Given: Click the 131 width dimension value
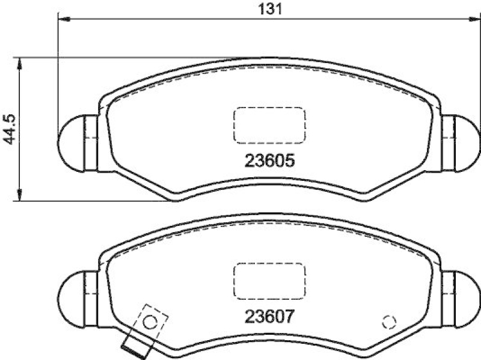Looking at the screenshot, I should [x=269, y=8].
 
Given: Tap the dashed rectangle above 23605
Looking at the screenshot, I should [x=269, y=125].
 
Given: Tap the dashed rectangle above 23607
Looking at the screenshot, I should [x=269, y=280].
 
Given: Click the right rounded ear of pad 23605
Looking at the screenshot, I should [x=465, y=142].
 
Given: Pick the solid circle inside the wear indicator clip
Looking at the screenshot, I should [x=150, y=322].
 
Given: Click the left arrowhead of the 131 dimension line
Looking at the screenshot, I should [x=64, y=20].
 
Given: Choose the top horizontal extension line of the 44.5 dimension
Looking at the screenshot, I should [x=120, y=58].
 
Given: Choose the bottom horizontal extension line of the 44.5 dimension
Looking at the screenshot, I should [x=90, y=201].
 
